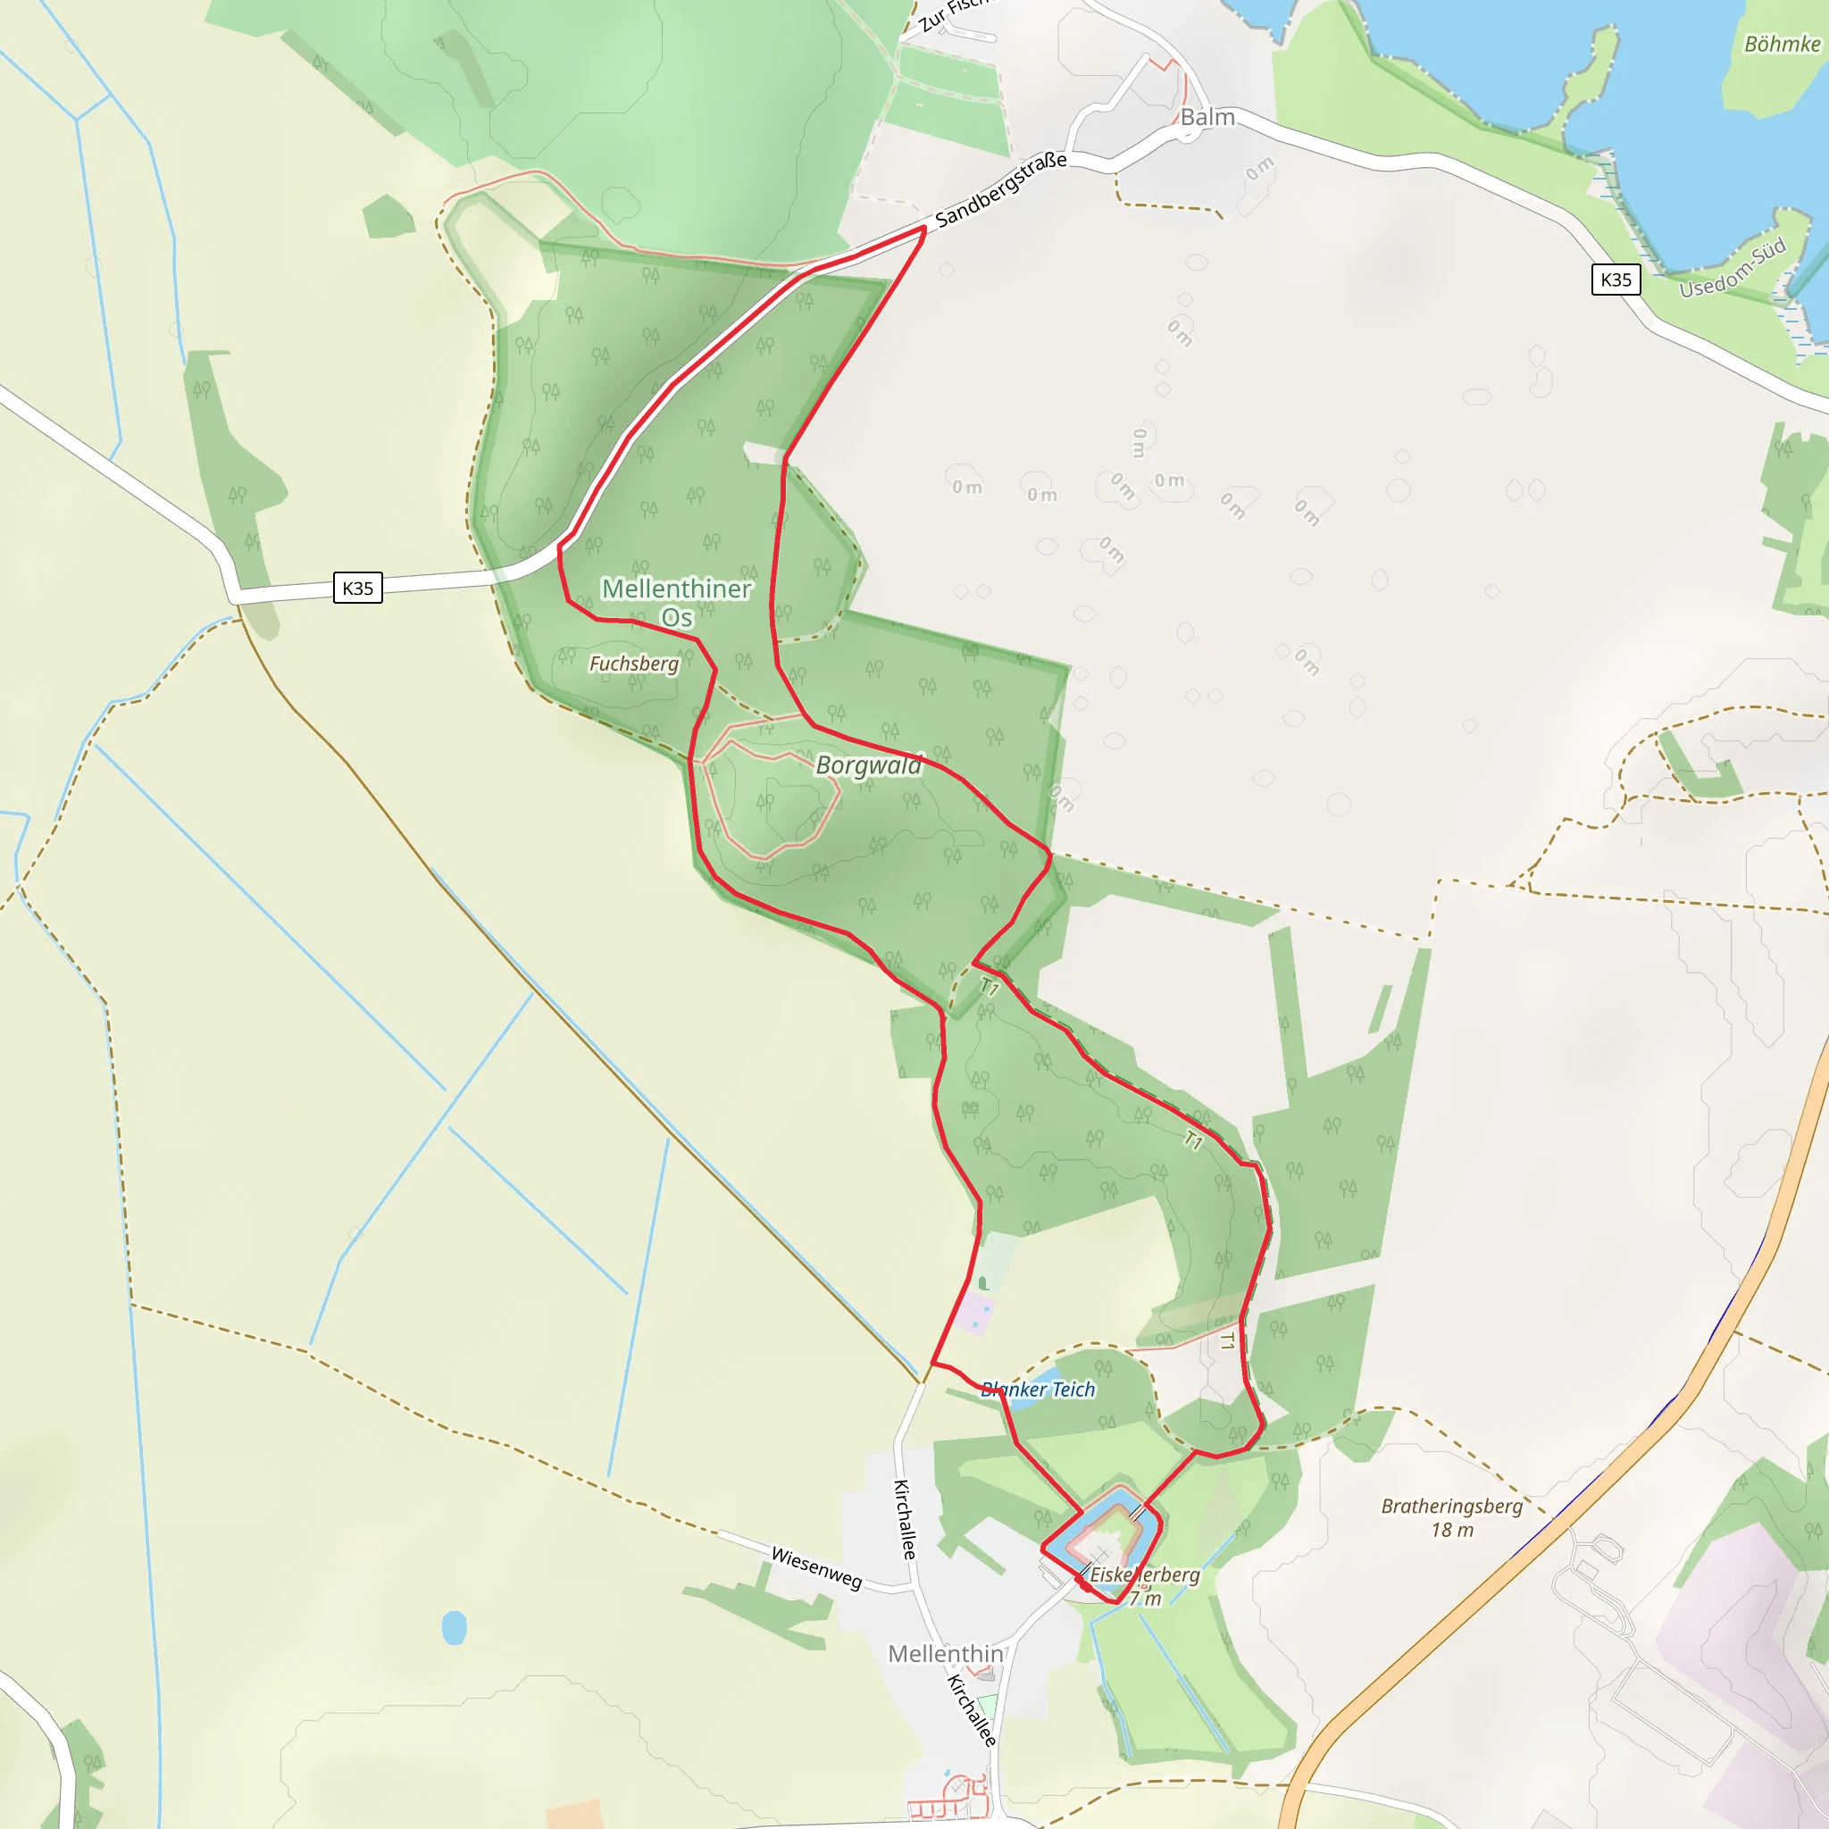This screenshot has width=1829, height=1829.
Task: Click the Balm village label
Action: click(x=1207, y=117)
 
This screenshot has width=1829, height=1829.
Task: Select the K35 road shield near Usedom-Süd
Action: click(x=1615, y=280)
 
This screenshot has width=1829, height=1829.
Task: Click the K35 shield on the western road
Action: click(x=357, y=588)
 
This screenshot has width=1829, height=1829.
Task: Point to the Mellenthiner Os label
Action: click(x=676, y=602)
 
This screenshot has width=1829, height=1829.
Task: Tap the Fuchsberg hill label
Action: click(x=633, y=664)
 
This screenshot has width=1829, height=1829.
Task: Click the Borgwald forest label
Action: click(x=868, y=765)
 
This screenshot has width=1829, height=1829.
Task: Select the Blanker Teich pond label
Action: click(x=1038, y=1389)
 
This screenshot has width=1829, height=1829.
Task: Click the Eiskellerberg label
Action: click(x=1145, y=1574)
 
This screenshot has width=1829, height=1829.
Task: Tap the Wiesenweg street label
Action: click(x=816, y=1567)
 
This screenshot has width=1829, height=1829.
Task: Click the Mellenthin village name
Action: click(x=945, y=1653)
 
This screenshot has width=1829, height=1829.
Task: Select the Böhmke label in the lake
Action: click(x=1782, y=45)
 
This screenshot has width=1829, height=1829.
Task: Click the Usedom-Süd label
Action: click(x=1733, y=269)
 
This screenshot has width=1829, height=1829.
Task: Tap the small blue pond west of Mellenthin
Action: click(x=455, y=1628)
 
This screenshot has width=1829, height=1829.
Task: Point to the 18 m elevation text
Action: click(x=1451, y=1530)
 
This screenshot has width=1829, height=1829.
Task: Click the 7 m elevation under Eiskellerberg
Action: click(x=1145, y=1599)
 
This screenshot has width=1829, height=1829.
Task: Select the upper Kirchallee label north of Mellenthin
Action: click(x=905, y=1518)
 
